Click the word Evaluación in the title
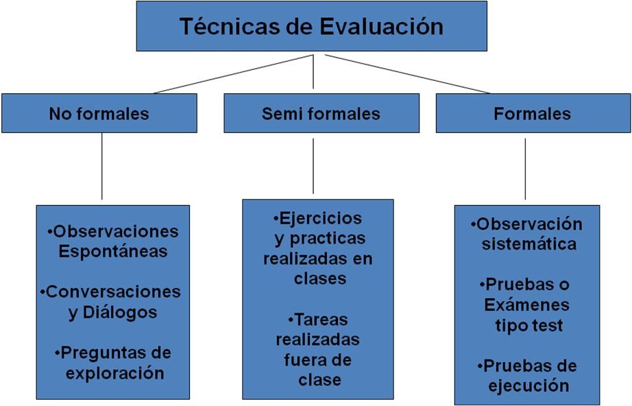click(381, 27)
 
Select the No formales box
click(99, 113)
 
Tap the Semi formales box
click(321, 113)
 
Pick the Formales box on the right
click(532, 113)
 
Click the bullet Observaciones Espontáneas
click(113, 241)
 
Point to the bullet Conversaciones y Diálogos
click(112, 302)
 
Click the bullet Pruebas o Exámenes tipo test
click(527, 304)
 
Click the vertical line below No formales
click(102, 166)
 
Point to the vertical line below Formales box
click(525, 169)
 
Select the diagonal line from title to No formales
click(233, 73)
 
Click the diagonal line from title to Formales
click(407, 73)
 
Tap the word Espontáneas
click(113, 252)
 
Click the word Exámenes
click(527, 304)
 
